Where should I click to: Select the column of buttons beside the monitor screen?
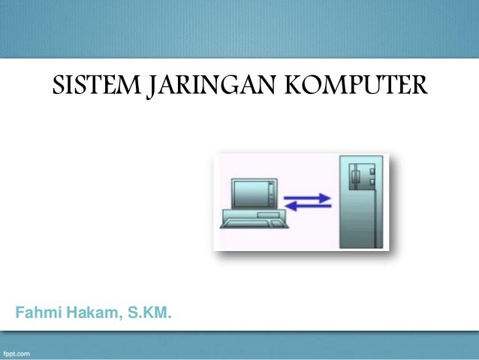click(x=271, y=194)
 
